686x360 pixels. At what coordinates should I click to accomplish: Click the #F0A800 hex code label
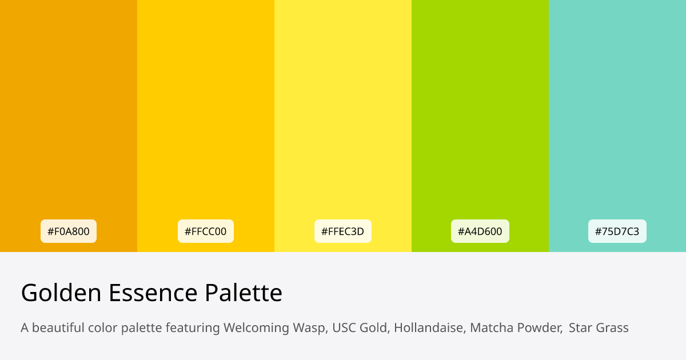click(x=69, y=231)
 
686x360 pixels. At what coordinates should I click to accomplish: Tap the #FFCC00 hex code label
click(x=206, y=231)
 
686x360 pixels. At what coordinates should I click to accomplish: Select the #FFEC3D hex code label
click(x=343, y=231)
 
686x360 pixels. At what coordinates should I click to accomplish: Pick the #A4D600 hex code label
click(x=480, y=231)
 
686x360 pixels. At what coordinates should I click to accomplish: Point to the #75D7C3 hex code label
click(x=617, y=231)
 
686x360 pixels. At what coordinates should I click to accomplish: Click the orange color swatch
click(x=69, y=114)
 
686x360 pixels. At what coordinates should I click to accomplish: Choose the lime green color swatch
click(x=480, y=114)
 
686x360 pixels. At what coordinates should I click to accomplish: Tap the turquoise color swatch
click(x=617, y=114)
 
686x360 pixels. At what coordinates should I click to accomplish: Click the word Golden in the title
click(x=61, y=293)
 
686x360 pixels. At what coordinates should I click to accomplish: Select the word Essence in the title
click(x=153, y=293)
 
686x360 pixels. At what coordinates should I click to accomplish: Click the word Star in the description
click(x=580, y=328)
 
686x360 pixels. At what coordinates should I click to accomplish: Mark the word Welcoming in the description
click(x=256, y=328)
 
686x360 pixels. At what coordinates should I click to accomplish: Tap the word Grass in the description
click(x=612, y=328)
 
